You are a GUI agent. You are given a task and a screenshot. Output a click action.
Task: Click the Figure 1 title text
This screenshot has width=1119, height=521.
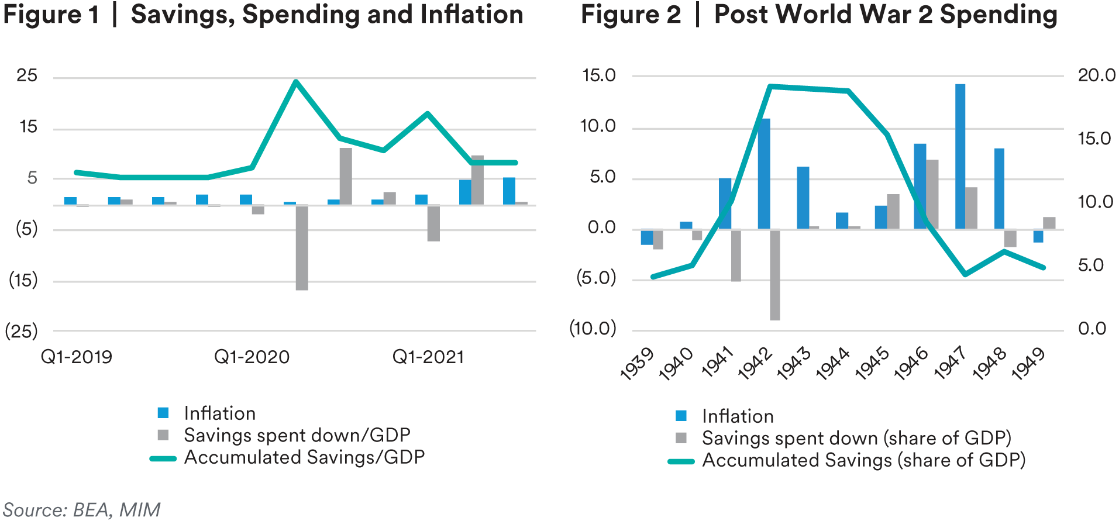point(263,15)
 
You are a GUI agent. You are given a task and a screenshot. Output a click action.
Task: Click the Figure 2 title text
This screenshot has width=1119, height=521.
point(819,15)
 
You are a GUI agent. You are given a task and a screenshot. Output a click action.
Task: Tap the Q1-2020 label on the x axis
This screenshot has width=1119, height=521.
point(252,357)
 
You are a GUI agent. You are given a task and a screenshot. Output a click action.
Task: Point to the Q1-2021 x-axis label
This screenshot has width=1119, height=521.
point(428,357)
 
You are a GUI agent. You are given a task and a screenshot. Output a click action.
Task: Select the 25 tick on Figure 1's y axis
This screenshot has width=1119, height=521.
point(27,75)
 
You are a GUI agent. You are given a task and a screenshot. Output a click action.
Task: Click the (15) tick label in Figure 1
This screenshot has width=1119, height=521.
point(23,280)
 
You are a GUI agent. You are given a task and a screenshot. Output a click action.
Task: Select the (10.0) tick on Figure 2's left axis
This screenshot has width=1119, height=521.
point(593,329)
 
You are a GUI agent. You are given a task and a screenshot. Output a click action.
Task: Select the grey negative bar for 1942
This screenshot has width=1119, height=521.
point(775,275)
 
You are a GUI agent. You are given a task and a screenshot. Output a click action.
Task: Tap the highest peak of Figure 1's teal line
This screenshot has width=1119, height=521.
point(296,82)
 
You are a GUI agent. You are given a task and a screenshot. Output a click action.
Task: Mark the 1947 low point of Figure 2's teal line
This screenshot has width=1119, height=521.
point(965,274)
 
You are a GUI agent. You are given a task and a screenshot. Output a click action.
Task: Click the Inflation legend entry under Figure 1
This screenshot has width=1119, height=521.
point(219,413)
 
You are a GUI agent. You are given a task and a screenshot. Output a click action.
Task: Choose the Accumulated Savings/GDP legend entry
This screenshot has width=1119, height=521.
point(304,457)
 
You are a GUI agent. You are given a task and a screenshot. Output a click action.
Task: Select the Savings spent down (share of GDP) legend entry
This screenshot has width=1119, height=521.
point(856,438)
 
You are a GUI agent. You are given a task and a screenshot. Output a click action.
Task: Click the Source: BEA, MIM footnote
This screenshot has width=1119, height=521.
point(82,510)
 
